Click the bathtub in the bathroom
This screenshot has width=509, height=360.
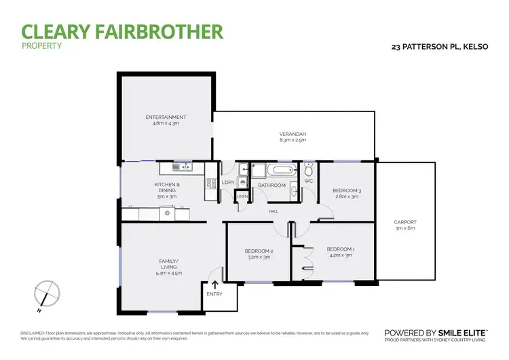coord(280,169)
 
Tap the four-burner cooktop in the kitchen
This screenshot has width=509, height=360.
coord(165,214)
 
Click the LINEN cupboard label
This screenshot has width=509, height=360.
coord(242,197)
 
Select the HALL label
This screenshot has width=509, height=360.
coord(274,211)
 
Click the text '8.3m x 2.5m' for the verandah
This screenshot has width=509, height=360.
coord(293,141)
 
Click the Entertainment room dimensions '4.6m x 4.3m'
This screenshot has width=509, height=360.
coord(166,124)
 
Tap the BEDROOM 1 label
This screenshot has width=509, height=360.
coord(340,249)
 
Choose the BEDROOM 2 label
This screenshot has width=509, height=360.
coord(259,251)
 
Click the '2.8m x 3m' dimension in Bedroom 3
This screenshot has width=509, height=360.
coord(346,197)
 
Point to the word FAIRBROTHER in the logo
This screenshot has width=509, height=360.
coord(167,31)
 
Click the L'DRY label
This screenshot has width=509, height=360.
coord(228,183)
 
